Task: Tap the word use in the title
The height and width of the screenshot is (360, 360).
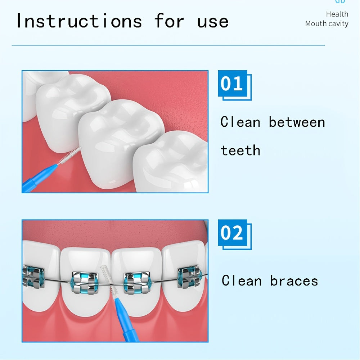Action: [213, 21]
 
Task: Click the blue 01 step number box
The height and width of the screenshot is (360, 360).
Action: [233, 84]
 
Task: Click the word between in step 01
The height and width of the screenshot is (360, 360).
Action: [297, 122]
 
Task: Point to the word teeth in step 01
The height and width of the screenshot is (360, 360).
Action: [240, 150]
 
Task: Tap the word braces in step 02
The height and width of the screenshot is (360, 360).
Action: [294, 280]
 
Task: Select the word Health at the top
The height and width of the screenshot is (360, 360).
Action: [337, 14]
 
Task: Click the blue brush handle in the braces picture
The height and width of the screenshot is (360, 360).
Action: [124, 317]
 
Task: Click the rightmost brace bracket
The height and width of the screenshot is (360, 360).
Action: [189, 276]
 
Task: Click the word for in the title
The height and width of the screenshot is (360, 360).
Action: [169, 21]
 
